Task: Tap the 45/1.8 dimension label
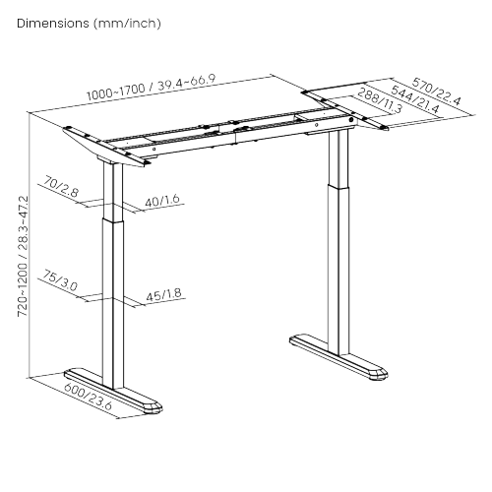coord(162,292)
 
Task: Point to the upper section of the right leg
coord(341,157)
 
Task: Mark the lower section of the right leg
coord(340,266)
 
